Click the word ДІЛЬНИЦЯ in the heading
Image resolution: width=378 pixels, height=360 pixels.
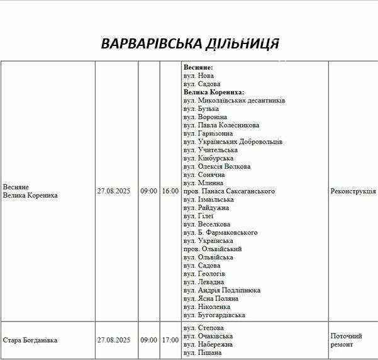pyautogui.click(x=242, y=43)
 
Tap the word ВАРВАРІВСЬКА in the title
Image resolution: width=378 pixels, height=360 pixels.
pyautogui.click(x=152, y=43)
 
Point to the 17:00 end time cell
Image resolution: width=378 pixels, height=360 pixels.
pyautogui.click(x=170, y=340)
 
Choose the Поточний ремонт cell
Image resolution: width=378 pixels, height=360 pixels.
pyautogui.click(x=347, y=340)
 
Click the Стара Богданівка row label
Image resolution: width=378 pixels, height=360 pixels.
pyautogui.click(x=30, y=340)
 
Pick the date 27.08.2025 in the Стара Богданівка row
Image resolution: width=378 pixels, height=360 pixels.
pyautogui.click(x=114, y=340)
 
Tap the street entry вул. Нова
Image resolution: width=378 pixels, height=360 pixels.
pyautogui.click(x=199, y=76)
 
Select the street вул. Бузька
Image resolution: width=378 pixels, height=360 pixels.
pyautogui.click(x=201, y=109)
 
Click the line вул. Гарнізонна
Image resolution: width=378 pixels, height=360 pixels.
pyautogui.click(x=208, y=133)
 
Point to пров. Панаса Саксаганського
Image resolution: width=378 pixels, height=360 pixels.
pyautogui.click(x=228, y=191)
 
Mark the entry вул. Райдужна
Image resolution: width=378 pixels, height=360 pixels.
pyautogui.click(x=206, y=208)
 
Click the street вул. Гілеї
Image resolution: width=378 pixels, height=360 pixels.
pyautogui.click(x=198, y=216)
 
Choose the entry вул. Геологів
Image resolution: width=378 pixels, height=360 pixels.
pyautogui.click(x=204, y=274)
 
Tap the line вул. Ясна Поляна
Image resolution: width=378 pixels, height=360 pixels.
pyautogui.click(x=211, y=298)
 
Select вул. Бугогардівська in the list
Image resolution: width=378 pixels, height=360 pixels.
pyautogui.click(x=214, y=315)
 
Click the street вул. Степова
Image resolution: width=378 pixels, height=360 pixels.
pyautogui.click(x=204, y=328)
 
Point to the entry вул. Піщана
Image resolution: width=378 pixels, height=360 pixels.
pyautogui.click(x=203, y=352)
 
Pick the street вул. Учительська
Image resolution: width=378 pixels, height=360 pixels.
pyautogui.click(x=210, y=150)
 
